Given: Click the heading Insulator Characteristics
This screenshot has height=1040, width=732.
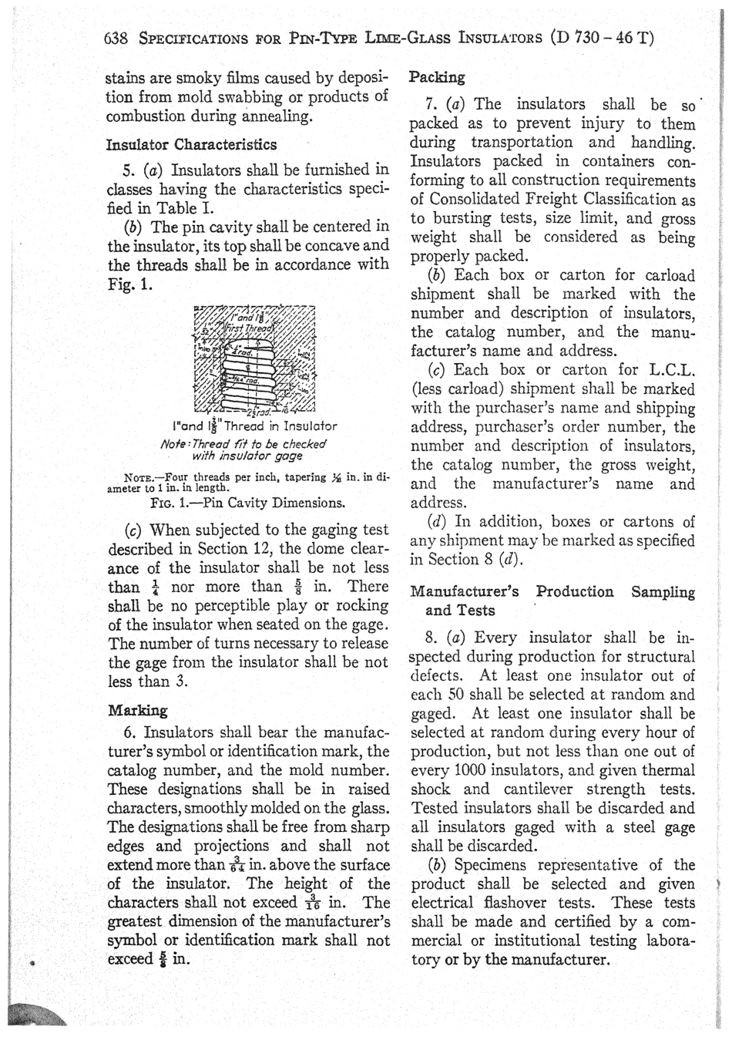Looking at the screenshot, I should (x=190, y=144).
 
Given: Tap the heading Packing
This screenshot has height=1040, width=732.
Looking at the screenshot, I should (x=437, y=78).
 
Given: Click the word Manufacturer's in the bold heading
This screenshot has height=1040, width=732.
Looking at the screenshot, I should (x=465, y=592).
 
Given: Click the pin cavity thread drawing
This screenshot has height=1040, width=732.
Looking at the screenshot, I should (x=254, y=358).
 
